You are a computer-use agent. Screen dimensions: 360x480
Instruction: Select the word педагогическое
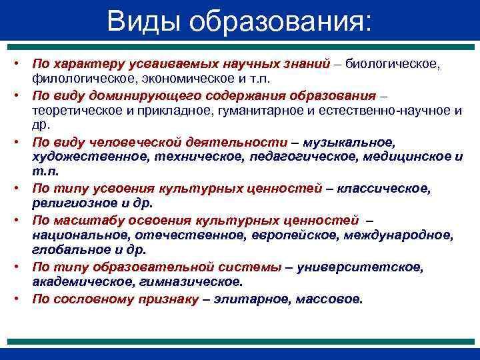tap(307, 157)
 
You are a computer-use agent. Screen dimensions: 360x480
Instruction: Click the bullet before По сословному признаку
tap(21, 299)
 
